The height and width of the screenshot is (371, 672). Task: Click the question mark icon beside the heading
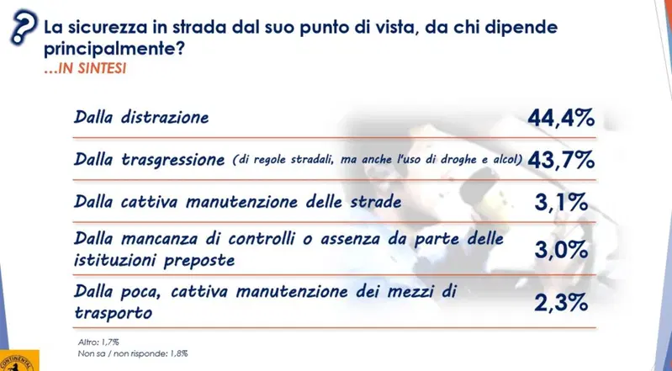pos(24,27)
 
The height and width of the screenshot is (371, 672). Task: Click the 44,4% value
pos(561,118)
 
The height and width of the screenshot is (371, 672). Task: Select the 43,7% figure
pos(561,160)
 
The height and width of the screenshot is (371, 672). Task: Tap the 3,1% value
pos(561,203)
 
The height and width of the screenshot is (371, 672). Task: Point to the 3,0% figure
pos(561,250)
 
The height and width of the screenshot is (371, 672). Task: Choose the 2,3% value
pos(561,303)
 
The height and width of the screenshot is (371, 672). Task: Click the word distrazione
pos(165,117)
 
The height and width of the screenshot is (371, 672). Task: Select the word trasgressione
pos(173,161)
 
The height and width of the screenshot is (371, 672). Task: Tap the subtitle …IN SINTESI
pos(85,69)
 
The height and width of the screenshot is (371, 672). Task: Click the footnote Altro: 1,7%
pos(98,342)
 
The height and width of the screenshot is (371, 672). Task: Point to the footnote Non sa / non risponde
pos(133,354)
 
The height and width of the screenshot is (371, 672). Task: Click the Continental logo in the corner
pos(19,360)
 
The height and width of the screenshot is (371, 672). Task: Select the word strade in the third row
pos(376,202)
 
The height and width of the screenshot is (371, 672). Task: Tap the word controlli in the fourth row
pos(261,239)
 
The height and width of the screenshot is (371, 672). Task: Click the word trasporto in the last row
pos(114,313)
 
